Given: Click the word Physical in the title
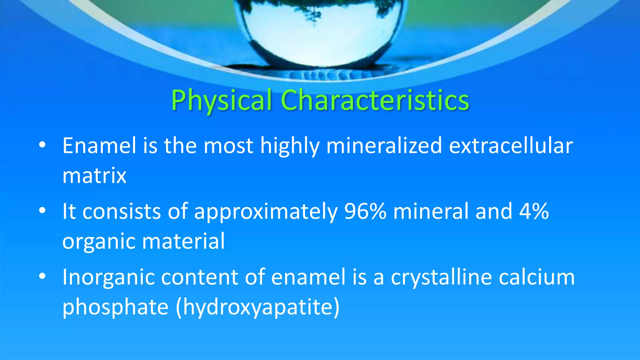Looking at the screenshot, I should coord(221,101).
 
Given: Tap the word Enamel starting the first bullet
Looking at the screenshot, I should coord(99,146).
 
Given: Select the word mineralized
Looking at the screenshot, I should coord(384,146).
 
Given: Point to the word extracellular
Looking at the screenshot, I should coord(511,146).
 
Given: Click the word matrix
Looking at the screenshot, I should coord(94,176).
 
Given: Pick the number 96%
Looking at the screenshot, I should coord(365,211).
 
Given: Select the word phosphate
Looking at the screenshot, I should coord(115,307).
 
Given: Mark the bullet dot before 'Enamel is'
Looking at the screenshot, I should coord(42,145).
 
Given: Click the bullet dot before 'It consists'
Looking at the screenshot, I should coord(42,211).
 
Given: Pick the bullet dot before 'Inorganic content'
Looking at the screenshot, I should coord(42,276).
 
